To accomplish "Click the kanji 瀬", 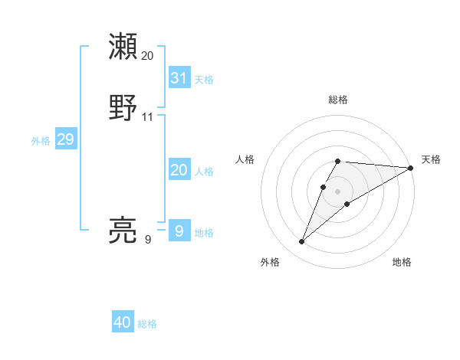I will (123, 47).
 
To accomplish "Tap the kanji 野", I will (123, 108).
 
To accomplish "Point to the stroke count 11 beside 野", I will (147, 117).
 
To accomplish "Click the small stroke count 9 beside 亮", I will (147, 240).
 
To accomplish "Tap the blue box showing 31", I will (179, 78).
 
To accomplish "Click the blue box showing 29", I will (65, 139).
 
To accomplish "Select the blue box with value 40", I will (123, 322).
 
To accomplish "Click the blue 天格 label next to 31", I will (204, 80).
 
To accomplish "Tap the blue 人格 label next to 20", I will (204, 172).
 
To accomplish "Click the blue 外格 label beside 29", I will (41, 141).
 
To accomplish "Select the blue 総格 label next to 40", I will (147, 324).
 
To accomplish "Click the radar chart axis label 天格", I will (431, 159).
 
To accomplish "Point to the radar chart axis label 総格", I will (338, 100).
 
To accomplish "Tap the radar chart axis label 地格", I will (402, 262).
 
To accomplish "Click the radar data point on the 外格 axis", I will (301, 242).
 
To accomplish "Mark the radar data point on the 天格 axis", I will (411, 168).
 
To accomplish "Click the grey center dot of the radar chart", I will (338, 191).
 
